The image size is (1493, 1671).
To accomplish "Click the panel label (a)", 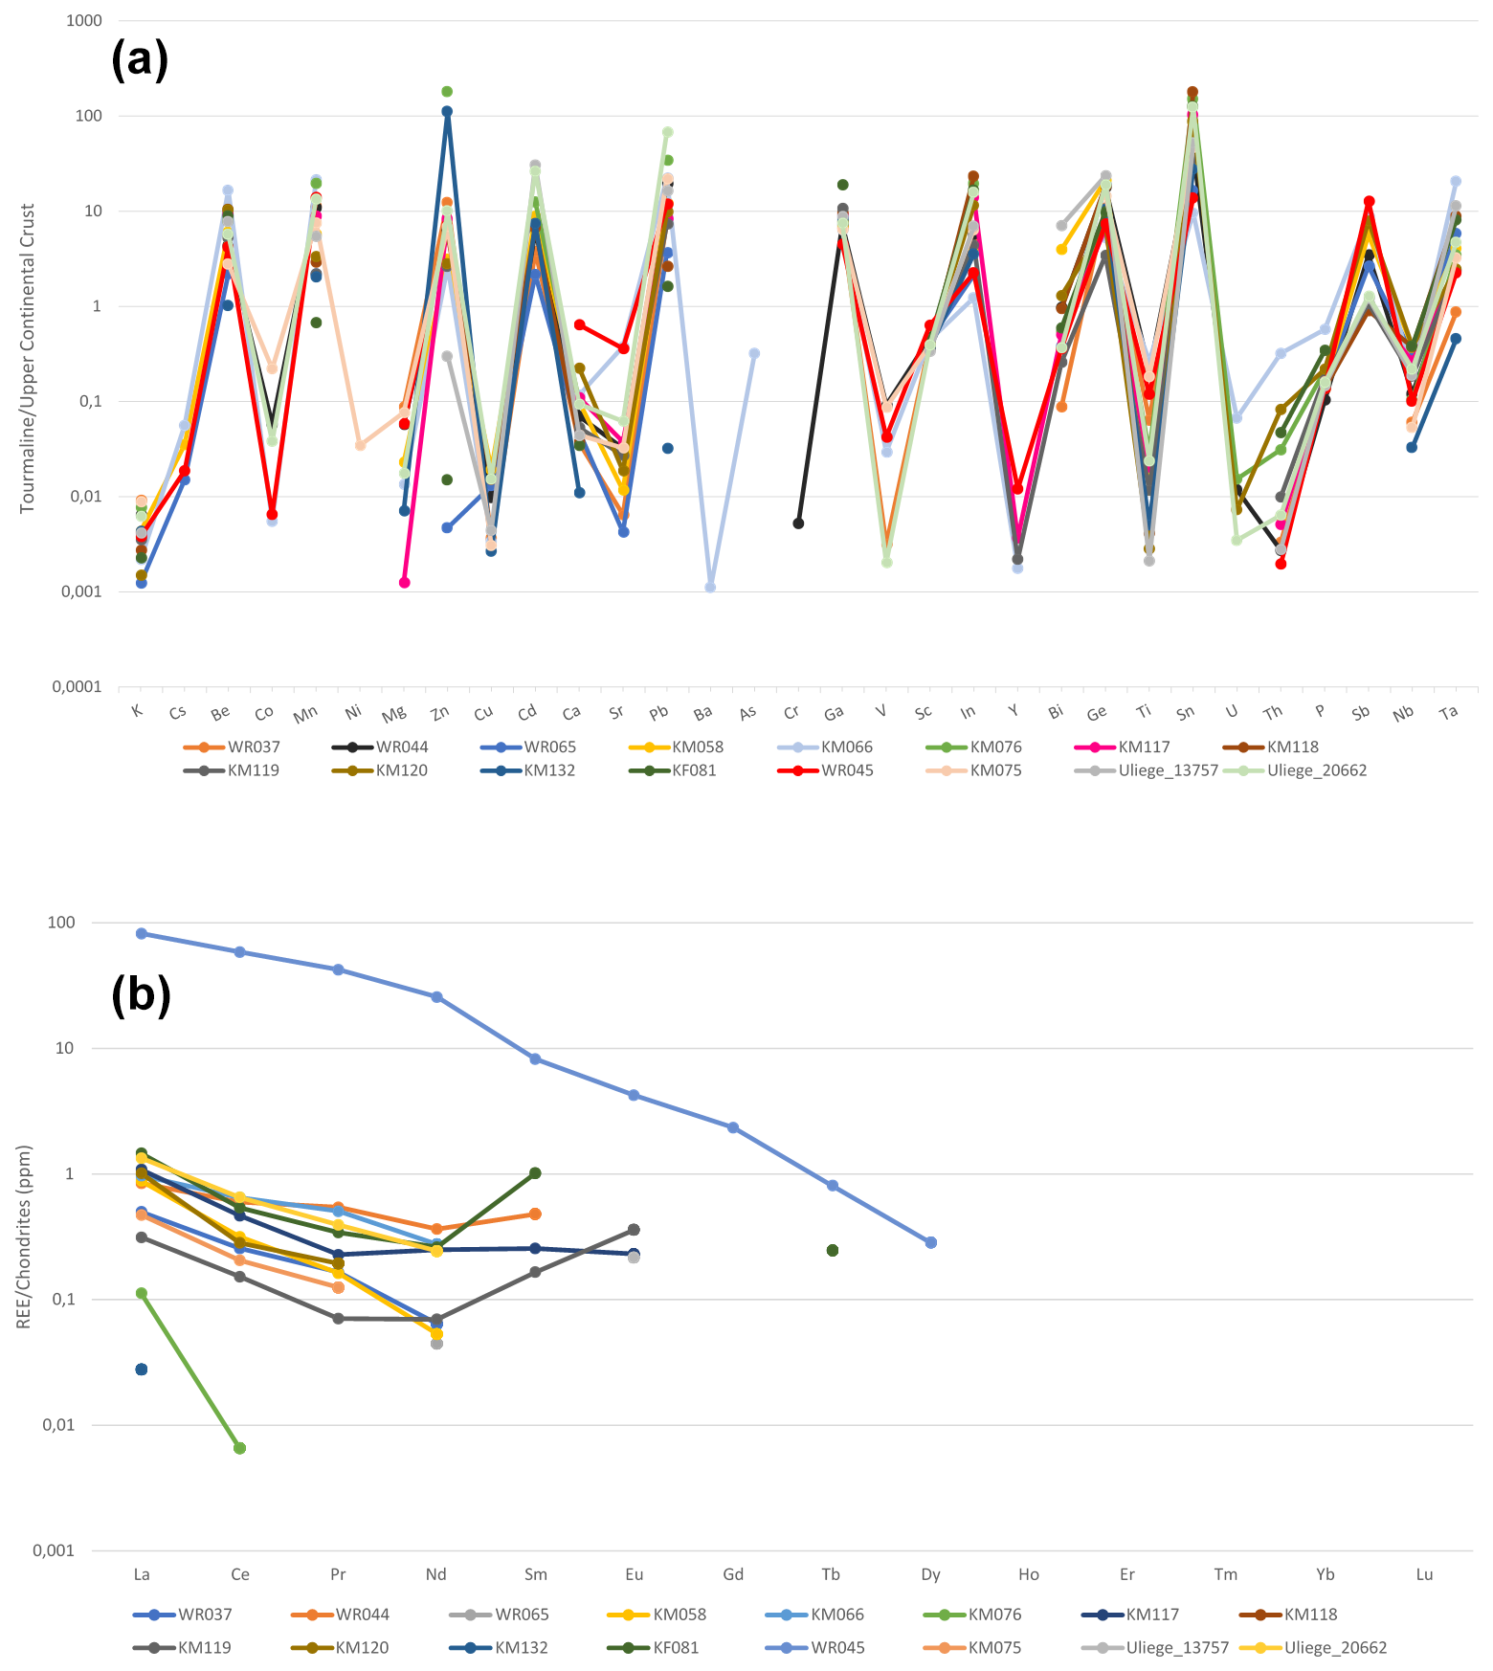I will coord(140,59).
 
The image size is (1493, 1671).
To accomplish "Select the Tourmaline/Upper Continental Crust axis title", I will coord(28,358).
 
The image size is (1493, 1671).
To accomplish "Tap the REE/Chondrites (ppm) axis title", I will coord(25,1237).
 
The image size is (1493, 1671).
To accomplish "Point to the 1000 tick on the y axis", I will coord(84,20).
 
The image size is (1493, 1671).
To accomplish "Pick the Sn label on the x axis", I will coord(1186,713).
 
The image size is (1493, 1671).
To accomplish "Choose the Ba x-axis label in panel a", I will coord(702,713).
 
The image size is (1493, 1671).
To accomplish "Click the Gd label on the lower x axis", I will coord(733,1574).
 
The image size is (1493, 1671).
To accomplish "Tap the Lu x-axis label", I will coord(1424,1574).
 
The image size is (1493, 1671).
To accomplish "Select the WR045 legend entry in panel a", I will coord(847,770).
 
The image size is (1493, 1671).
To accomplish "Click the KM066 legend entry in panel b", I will coord(837,1615).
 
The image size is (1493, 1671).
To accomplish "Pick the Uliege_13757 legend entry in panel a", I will coord(1168,770).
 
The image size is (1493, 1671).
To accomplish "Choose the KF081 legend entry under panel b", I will coord(676,1648).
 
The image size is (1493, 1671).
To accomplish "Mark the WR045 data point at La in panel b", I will coord(142,933).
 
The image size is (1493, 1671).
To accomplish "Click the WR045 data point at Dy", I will coord(930,1242).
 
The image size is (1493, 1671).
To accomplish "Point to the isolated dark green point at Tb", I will coord(833,1251).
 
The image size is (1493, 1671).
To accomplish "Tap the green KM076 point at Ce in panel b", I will coord(240,1448).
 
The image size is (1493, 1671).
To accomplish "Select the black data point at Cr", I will coord(798,524).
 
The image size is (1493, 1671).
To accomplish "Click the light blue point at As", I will coord(754,353).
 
